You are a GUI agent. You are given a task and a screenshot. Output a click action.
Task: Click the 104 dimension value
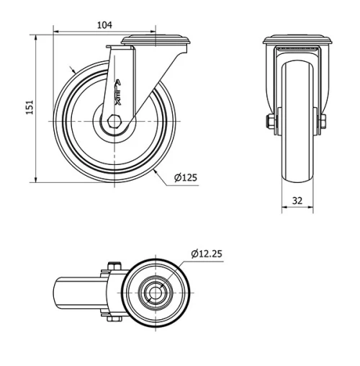coord(104,24)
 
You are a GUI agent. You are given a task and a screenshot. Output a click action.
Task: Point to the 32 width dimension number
coord(297,201)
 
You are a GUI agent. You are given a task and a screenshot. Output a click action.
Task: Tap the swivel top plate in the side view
coord(156,40)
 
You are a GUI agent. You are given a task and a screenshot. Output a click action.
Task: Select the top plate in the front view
coord(297,40)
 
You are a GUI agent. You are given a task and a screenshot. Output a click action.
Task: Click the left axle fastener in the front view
coord(270,120)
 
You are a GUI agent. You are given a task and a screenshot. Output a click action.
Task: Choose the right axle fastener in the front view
coord(323,120)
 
